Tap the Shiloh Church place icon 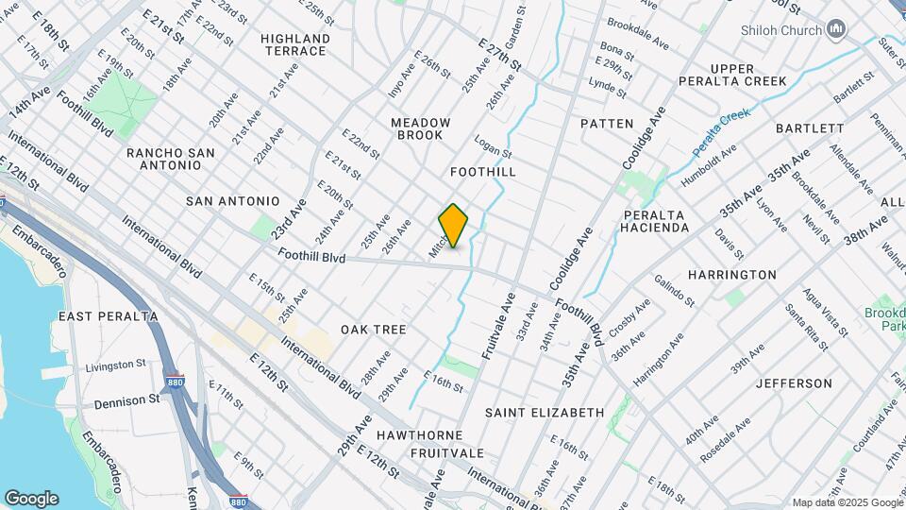(x=835, y=31)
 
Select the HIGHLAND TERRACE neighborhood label (x=295, y=44)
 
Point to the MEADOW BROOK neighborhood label (x=421, y=129)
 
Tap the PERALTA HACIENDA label (x=655, y=221)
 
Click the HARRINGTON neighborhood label (x=731, y=275)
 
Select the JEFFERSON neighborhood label (x=793, y=383)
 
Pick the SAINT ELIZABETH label (x=545, y=413)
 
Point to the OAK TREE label (x=374, y=330)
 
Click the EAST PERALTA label (x=108, y=315)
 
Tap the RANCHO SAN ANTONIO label (x=170, y=159)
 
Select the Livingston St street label (x=116, y=365)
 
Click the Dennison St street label (x=126, y=400)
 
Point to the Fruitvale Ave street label (x=499, y=326)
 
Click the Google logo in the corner (x=31, y=499)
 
